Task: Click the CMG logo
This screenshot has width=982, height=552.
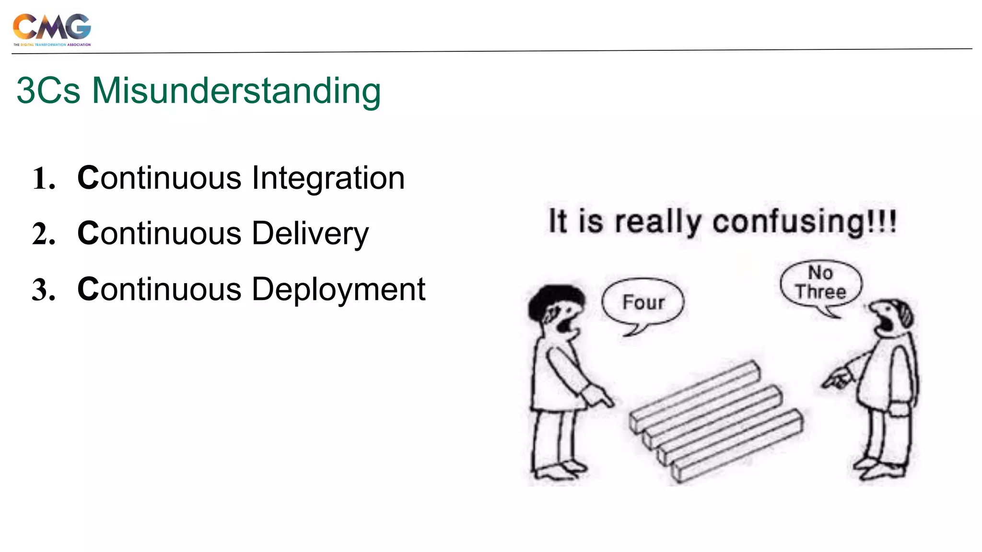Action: (52, 29)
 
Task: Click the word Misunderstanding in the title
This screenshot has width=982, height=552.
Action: (236, 91)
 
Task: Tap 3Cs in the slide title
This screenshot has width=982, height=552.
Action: (48, 91)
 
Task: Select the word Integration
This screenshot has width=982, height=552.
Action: (328, 178)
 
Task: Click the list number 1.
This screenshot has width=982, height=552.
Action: (44, 179)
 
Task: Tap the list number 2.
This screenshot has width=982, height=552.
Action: (44, 235)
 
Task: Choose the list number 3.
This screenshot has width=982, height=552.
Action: (44, 290)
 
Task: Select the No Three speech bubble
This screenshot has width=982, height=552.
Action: (820, 283)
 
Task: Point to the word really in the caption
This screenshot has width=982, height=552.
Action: (658, 222)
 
